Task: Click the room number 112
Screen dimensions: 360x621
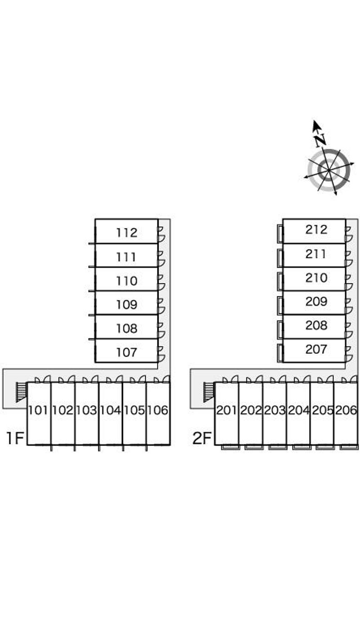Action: point(126,232)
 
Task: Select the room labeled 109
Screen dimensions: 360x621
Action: point(126,305)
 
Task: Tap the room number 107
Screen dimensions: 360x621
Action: point(126,353)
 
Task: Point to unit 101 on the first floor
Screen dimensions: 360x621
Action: point(38,410)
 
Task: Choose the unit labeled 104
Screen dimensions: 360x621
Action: point(110,410)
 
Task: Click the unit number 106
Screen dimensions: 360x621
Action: point(157,410)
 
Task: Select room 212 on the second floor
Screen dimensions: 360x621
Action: point(316,229)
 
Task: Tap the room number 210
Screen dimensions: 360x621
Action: point(316,278)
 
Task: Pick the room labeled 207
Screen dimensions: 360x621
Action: point(316,349)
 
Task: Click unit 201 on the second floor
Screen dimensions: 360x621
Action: point(226,410)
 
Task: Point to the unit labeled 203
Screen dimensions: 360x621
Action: point(274,410)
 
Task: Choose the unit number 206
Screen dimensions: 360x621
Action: point(346,410)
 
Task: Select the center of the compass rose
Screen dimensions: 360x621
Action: point(329,170)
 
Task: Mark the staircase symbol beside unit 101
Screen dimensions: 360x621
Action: point(21,392)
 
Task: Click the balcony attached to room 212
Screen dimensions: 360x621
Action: point(280,234)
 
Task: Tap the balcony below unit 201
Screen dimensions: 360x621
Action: point(230,447)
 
